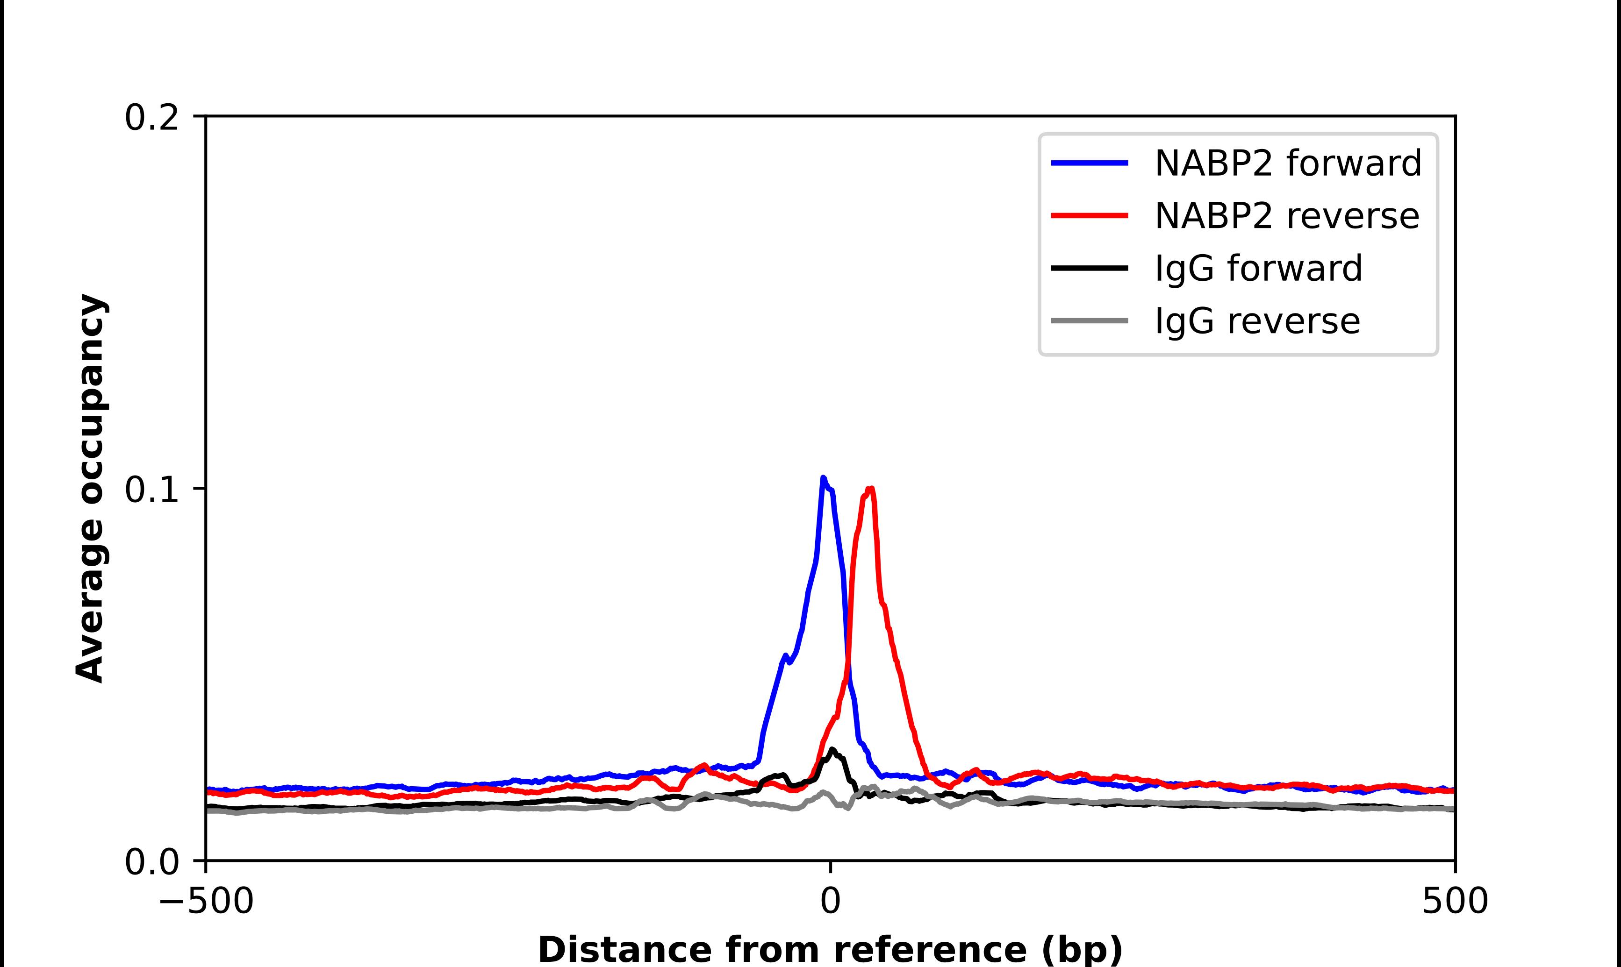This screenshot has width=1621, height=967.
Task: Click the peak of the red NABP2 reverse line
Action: (x=871, y=488)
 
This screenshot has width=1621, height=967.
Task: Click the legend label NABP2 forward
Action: (x=1287, y=163)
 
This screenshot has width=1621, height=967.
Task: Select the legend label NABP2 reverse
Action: (x=1286, y=216)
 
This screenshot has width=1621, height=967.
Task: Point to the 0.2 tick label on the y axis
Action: (x=151, y=118)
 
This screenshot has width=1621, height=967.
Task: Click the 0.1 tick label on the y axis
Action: (x=151, y=490)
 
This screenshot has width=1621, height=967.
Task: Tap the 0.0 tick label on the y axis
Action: (x=151, y=862)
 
